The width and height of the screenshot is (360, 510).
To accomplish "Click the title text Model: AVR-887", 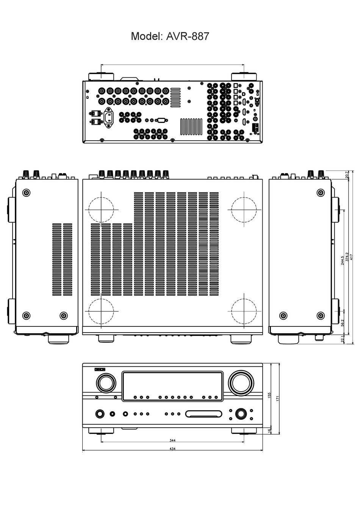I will point(170,36).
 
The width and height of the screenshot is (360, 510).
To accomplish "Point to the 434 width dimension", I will point(172,449).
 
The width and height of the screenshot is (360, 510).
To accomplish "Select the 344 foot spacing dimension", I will point(172,441).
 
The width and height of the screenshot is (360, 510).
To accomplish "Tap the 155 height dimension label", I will point(269,395).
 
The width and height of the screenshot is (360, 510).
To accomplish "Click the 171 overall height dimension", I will point(277,399).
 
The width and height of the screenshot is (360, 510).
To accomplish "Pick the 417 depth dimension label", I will point(351,257).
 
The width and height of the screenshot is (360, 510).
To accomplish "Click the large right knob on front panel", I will point(241,383).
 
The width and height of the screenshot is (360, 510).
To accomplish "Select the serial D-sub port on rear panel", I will point(161,120).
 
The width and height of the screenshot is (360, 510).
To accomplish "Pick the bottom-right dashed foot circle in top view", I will point(244,311).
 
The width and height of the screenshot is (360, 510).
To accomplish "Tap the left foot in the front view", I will point(101,431).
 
